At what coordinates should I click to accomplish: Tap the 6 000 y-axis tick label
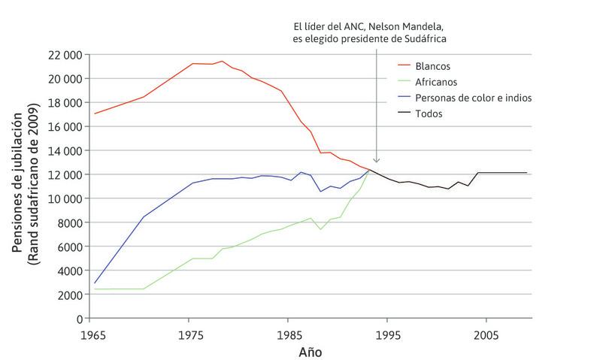coord(66,247)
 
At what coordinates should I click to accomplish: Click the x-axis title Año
coord(311,351)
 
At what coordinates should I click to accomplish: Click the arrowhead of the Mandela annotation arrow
coord(377,160)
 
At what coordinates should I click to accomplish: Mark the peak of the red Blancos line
coord(222,62)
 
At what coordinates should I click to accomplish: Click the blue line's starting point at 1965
coord(94,283)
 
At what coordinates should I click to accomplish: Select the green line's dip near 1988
coord(321,229)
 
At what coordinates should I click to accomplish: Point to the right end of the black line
coord(526,173)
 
